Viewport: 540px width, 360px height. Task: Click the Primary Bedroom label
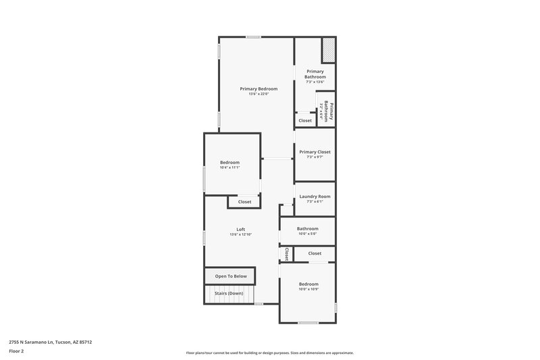tap(259, 88)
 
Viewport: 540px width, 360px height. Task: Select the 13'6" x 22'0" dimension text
tap(259, 95)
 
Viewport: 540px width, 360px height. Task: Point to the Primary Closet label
tap(315, 152)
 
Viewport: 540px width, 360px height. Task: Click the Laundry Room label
tap(315, 196)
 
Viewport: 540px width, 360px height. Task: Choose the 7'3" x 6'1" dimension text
tap(315, 201)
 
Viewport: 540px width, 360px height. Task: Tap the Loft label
tap(240, 229)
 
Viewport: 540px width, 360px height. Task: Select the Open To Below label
tap(231, 276)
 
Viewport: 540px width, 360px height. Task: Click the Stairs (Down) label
tap(229, 294)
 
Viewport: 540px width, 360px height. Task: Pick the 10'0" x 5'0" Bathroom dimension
tap(307, 234)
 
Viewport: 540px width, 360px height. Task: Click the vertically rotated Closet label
tap(287, 254)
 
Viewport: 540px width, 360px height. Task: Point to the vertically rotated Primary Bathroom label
tap(329, 111)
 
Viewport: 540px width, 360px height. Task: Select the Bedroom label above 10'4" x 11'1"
tap(230, 162)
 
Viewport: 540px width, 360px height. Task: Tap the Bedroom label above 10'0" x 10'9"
tap(308, 284)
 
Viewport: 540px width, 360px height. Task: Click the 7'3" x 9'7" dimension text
tap(315, 157)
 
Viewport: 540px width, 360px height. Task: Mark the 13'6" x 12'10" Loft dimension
tap(240, 234)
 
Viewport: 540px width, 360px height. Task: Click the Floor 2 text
tap(16, 351)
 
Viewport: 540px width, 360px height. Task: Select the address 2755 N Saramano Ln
tap(51, 342)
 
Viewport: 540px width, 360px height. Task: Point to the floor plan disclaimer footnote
tap(269, 353)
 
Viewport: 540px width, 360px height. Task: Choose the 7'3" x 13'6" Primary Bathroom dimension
tap(315, 82)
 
